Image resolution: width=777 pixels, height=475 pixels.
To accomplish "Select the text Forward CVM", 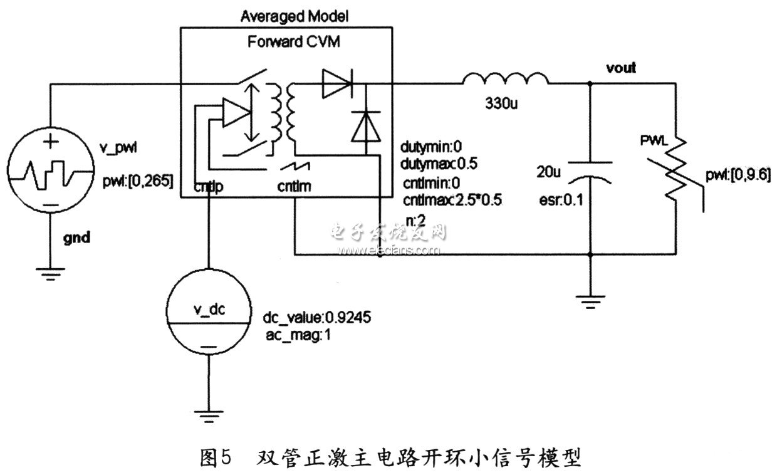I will coord(286,43).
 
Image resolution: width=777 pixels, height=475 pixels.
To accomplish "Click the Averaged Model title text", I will coord(286,15).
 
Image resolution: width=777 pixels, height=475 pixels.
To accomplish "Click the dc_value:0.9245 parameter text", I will coord(318,318).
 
